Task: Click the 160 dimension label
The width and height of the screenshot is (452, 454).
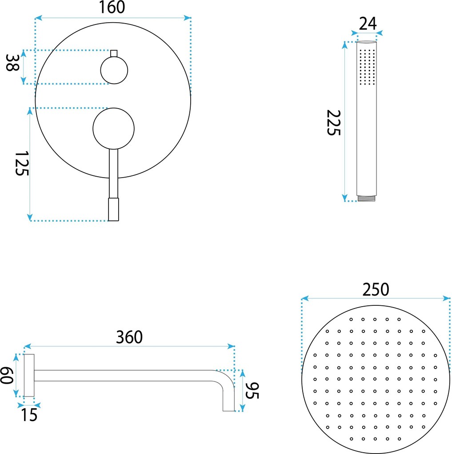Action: coord(112,7)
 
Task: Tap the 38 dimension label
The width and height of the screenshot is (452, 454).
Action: coord(12,63)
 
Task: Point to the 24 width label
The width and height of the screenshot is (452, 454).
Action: coord(368,24)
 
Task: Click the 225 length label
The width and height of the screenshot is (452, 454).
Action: coord(334,122)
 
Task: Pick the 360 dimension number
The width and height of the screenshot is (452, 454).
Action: coord(129,337)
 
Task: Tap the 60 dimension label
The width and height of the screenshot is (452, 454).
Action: coord(7,375)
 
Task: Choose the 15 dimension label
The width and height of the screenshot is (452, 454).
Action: coord(29,415)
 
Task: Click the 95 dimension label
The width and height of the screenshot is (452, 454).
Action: coord(252,391)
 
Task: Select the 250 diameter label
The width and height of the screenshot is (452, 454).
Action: coord(376,290)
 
